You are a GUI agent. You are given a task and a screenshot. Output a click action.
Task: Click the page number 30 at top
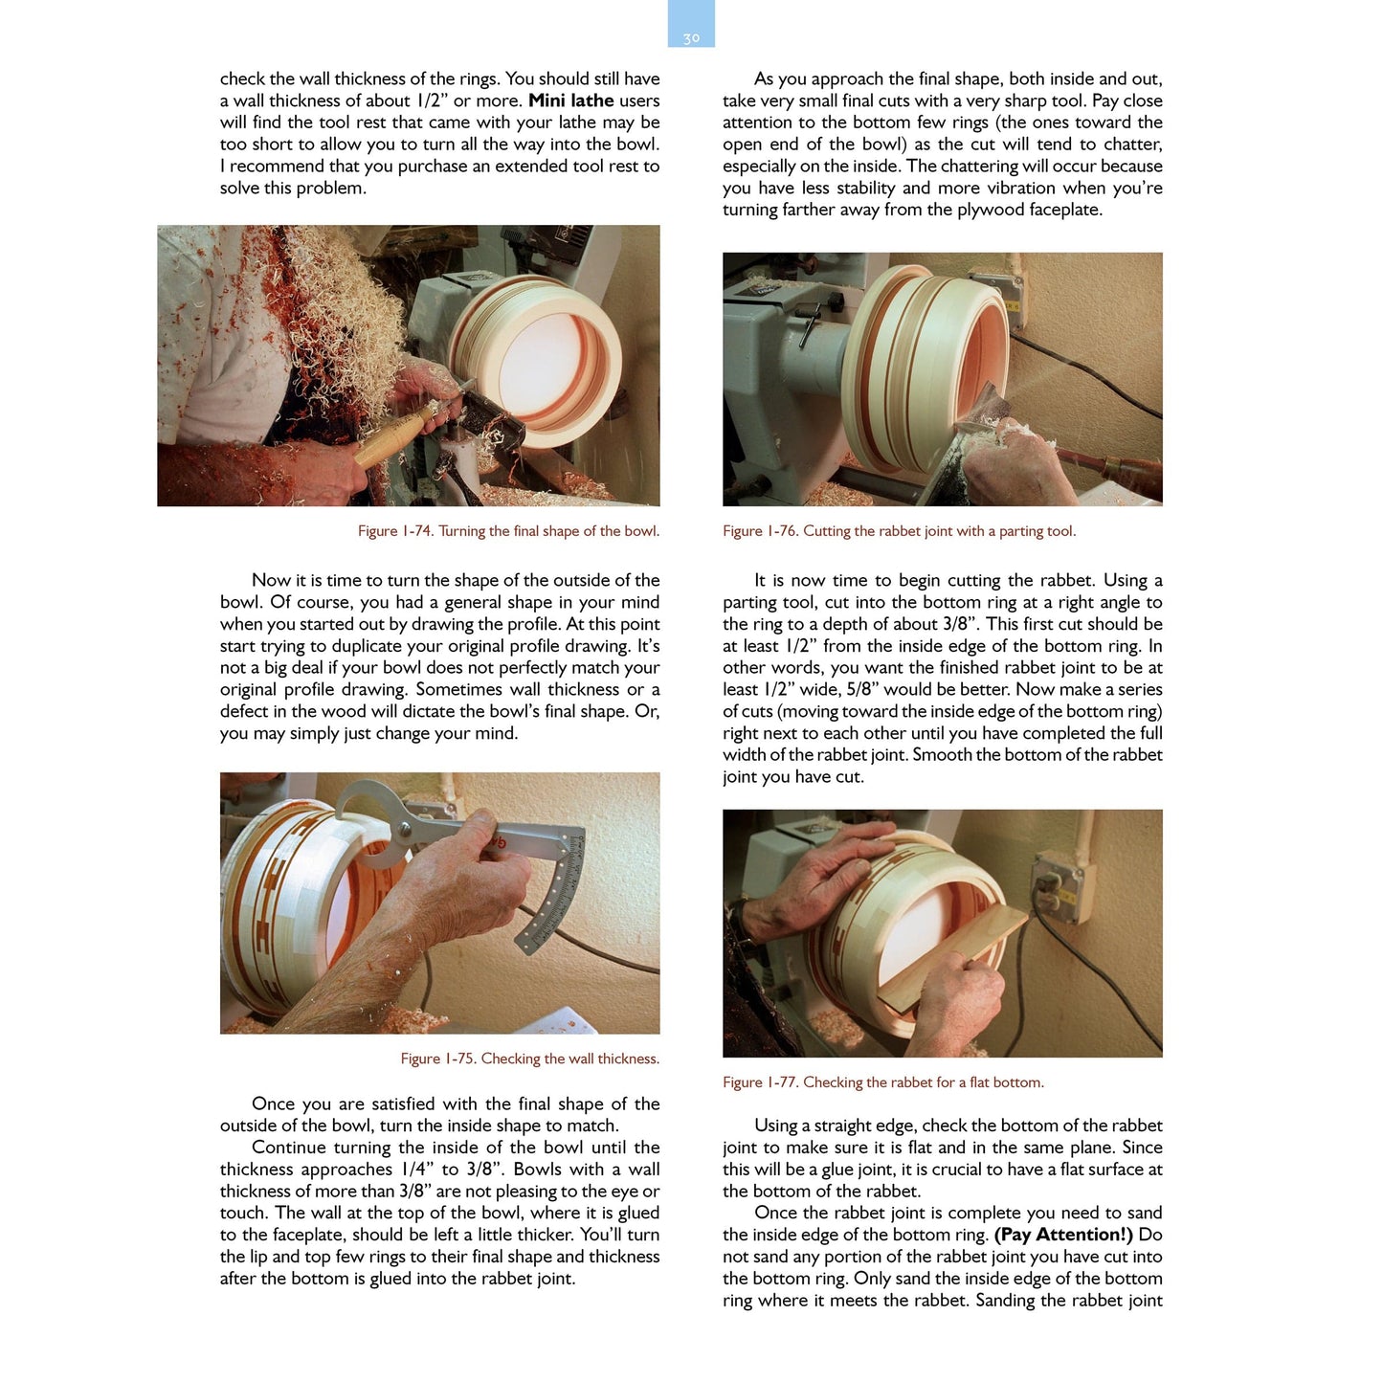691,38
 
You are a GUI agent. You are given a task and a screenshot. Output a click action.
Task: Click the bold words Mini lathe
571,100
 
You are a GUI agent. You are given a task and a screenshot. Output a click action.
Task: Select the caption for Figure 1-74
508,531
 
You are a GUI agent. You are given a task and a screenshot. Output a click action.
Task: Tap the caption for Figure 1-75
529,1059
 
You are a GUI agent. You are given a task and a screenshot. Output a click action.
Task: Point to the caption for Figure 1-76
899,531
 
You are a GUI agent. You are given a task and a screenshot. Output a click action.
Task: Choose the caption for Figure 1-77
882,1082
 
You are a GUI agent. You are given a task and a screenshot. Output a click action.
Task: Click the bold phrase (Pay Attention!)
1063,1235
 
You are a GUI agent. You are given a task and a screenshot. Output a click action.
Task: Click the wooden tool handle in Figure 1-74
392,436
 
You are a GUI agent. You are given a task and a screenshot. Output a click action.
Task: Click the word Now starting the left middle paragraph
270,580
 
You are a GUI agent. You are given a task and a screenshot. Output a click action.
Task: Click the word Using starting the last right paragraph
776,1126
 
